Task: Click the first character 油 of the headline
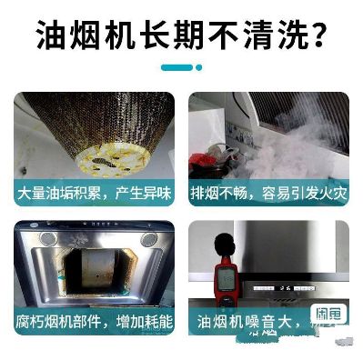(53, 36)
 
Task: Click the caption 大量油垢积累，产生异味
(92, 195)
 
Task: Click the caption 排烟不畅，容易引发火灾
(270, 195)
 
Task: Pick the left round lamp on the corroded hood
(48, 239)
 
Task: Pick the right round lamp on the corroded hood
(147, 239)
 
